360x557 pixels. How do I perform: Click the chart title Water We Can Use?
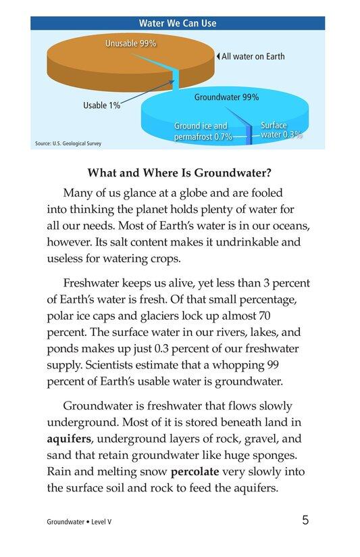pos(177,23)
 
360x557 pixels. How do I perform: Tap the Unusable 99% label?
pos(131,43)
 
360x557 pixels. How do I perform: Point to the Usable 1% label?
pos(101,105)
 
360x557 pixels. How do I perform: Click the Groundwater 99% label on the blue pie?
pos(226,97)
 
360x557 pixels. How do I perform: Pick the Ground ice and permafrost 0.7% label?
pos(203,131)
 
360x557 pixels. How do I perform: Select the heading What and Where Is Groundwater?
pos(180,172)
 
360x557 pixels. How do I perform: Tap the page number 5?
pos(306,520)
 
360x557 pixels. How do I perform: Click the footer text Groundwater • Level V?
pos(79,522)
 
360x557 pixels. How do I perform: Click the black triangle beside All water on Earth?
pos(217,57)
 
